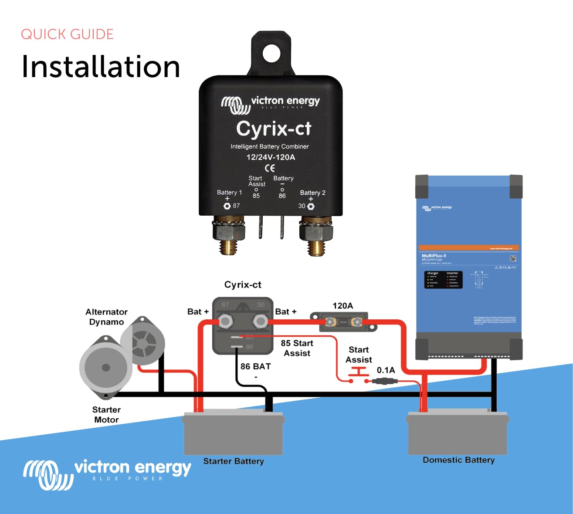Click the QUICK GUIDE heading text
(x=67, y=34)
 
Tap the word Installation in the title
(x=101, y=67)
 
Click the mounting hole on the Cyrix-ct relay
(x=271, y=53)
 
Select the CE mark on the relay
(x=270, y=168)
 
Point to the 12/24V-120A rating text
(x=271, y=157)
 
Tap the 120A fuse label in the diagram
(x=342, y=306)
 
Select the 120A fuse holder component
(x=343, y=322)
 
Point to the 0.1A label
(x=386, y=370)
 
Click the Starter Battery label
(x=234, y=461)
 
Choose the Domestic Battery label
(x=458, y=460)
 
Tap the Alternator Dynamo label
(x=106, y=317)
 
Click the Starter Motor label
(x=106, y=415)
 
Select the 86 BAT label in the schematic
(x=255, y=367)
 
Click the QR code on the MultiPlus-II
(x=513, y=258)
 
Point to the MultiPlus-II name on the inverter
(x=434, y=256)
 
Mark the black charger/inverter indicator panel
(x=443, y=280)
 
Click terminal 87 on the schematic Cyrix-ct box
(x=225, y=322)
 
